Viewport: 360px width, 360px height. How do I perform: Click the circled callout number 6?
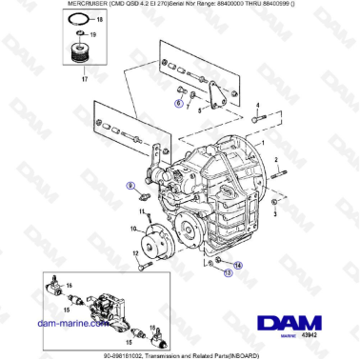coord(177,99)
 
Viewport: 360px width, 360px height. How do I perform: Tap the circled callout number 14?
coord(238,264)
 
